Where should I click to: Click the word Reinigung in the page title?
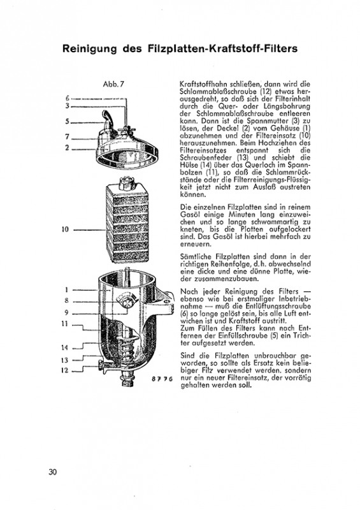tap(89, 49)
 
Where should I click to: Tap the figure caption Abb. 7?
tap(113, 84)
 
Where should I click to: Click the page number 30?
tap(53, 472)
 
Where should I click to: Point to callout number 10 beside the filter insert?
tap(66, 229)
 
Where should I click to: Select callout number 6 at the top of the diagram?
tap(68, 98)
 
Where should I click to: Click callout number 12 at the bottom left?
tap(65, 370)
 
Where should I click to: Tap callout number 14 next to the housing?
tap(65, 347)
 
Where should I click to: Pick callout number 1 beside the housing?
tap(66, 290)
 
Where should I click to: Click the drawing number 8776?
tap(162, 379)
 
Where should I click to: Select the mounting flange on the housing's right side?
tap(164, 300)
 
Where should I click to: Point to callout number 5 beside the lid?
tap(68, 122)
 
